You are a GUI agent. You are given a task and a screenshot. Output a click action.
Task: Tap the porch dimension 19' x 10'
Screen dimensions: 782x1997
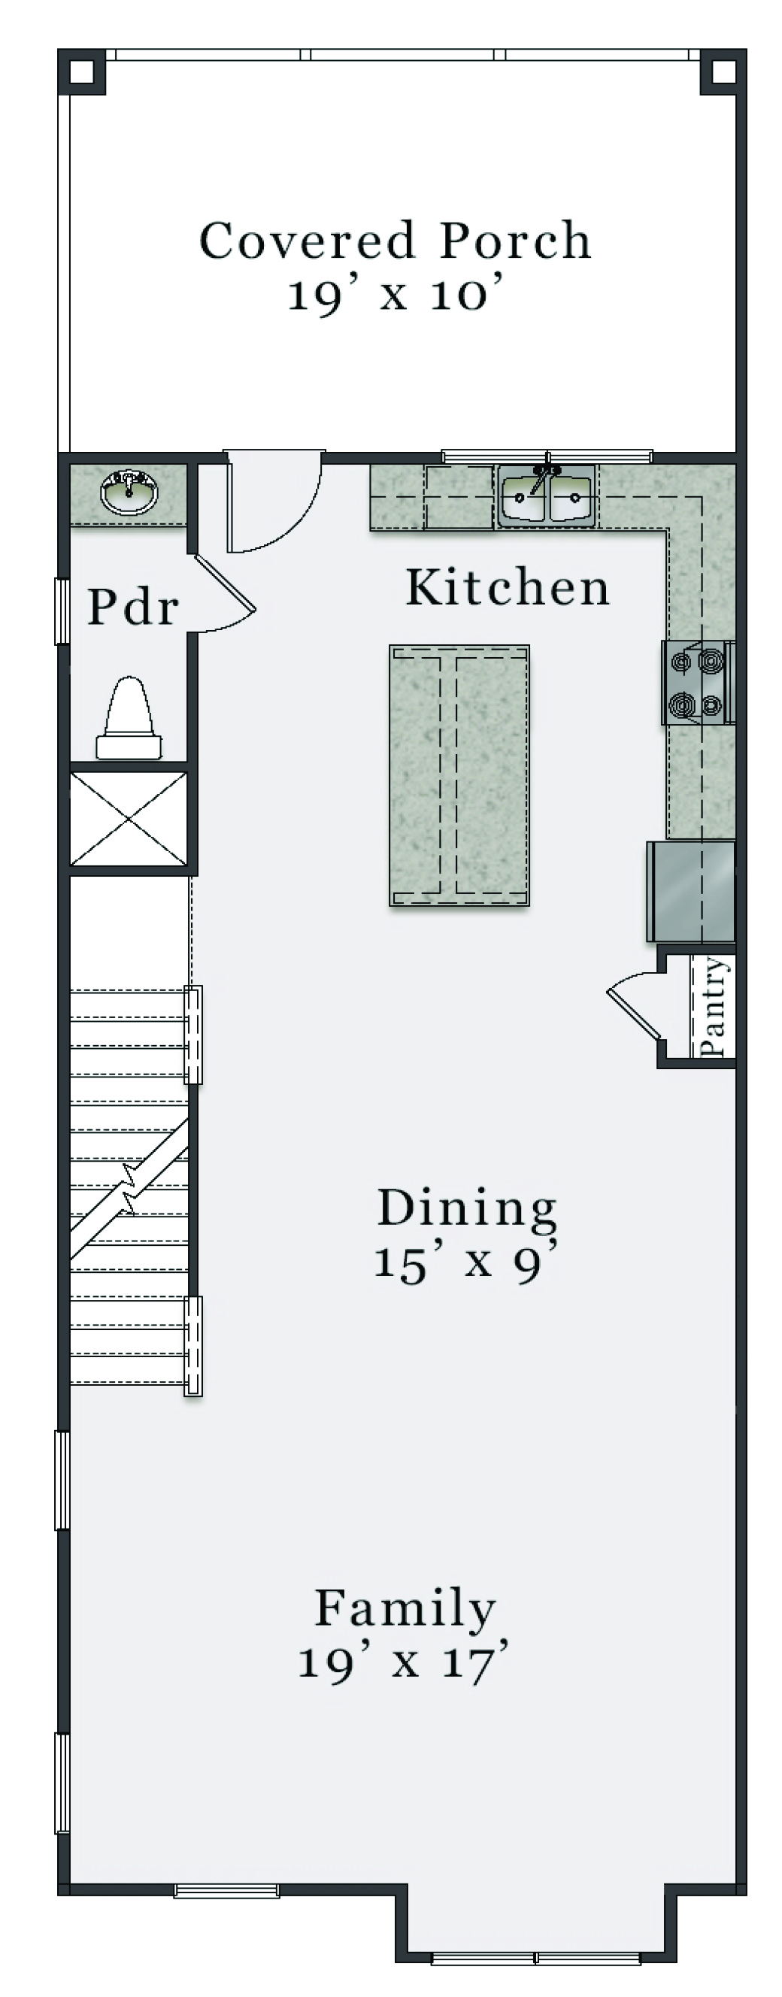pyautogui.click(x=396, y=295)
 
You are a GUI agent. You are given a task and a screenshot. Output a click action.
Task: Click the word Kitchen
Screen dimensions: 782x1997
pyautogui.click(x=508, y=587)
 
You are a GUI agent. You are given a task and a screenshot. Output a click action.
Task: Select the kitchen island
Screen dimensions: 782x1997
pyautogui.click(x=459, y=774)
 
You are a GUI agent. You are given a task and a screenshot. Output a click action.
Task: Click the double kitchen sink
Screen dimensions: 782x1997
pyautogui.click(x=547, y=496)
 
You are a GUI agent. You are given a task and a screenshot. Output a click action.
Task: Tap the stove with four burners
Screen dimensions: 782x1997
pyautogui.click(x=697, y=682)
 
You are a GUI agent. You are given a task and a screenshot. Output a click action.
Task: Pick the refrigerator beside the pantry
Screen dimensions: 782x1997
pyautogui.click(x=690, y=892)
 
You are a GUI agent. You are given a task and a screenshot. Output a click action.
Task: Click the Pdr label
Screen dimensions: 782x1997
pyautogui.click(x=133, y=606)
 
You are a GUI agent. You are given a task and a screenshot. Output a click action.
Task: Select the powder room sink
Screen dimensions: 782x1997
pyautogui.click(x=129, y=492)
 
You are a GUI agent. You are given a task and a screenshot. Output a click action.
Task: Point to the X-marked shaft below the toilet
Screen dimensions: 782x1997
pyautogui.click(x=129, y=818)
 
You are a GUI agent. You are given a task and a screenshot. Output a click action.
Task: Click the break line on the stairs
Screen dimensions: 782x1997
pyautogui.click(x=129, y=1189)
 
